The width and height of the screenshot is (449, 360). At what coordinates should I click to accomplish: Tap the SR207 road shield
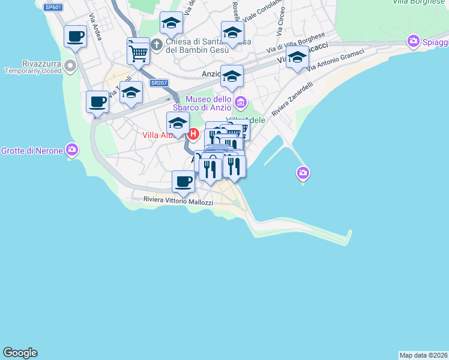pos(158,83)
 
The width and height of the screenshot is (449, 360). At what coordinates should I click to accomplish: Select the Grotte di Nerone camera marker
pos(72,149)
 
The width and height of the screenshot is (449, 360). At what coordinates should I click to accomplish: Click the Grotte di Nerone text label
pos(32,150)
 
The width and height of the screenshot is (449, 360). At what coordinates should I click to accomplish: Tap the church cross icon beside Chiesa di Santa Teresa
pos(157,44)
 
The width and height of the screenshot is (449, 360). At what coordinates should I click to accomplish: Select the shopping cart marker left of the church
pos(138,52)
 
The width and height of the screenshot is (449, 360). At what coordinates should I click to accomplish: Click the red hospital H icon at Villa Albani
pos(193,134)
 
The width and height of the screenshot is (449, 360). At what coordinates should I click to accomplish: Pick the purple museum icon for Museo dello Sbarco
pos(240,103)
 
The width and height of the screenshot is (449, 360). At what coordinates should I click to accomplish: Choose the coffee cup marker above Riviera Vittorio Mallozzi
pos(183,181)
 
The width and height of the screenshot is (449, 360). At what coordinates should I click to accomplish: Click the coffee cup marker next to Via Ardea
pos(75,37)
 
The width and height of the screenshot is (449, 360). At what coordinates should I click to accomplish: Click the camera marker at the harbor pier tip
pos(303,173)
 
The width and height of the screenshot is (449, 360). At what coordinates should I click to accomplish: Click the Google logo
pos(20,353)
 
